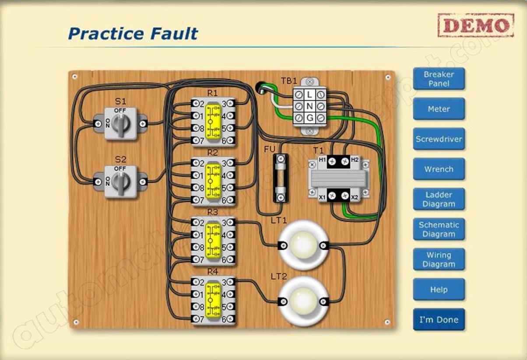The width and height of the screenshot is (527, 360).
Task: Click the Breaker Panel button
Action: [x=439, y=79]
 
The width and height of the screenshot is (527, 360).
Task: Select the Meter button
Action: [x=439, y=109]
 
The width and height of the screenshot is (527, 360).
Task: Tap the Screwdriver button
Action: [x=439, y=139]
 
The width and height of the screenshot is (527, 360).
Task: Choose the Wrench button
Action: [x=439, y=169]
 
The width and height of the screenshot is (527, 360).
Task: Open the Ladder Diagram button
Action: [x=439, y=199]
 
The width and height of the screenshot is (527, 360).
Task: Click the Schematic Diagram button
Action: [x=439, y=229]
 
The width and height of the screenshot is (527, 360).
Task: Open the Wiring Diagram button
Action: [x=439, y=259]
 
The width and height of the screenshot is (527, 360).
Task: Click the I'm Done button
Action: [x=439, y=320]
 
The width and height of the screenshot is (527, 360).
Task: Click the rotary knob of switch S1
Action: [x=120, y=124]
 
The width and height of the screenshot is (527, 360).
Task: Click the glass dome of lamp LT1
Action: [x=302, y=244]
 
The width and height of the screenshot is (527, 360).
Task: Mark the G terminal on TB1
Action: [x=310, y=117]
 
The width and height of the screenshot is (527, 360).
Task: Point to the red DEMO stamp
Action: [x=476, y=25]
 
